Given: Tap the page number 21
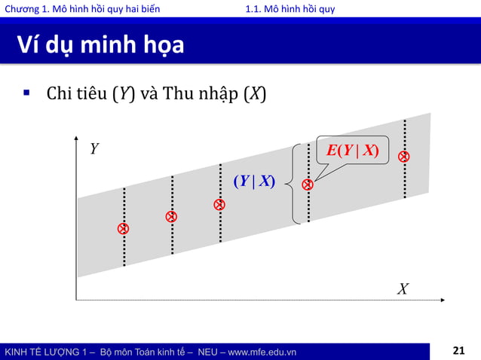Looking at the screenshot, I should click(459, 350).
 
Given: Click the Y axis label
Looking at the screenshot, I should click(94, 149).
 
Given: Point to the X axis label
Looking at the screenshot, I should click(403, 289).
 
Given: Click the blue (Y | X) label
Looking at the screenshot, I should click(253, 181).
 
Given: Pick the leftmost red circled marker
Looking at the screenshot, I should click(124, 228).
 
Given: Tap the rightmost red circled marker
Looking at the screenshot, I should click(404, 157).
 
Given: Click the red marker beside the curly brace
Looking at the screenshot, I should click(308, 185).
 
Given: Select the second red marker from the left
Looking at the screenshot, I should click(172, 217).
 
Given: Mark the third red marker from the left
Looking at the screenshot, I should click(219, 205).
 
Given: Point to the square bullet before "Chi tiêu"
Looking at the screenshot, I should click(26, 93).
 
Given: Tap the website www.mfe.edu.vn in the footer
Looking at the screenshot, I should click(258, 352).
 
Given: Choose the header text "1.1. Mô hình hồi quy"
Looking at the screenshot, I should click(290, 8).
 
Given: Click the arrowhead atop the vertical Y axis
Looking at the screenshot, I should click(77, 139).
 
